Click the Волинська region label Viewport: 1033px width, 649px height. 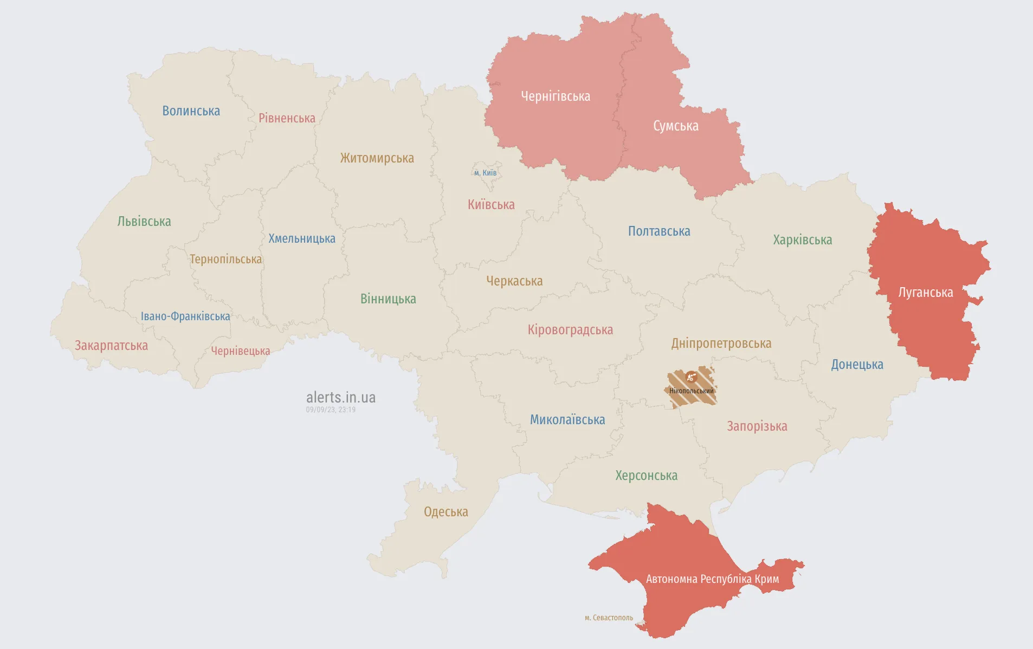[191, 111]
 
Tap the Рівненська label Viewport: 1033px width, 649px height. [287, 118]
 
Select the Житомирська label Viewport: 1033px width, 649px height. [377, 158]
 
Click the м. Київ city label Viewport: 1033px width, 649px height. [485, 173]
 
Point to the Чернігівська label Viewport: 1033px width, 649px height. [555, 96]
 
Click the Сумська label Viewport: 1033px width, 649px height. [675, 126]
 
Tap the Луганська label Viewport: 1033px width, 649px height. [925, 293]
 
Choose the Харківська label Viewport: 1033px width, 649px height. [802, 240]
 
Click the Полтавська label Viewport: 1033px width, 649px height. [658, 231]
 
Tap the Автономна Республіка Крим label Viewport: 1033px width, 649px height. [712, 579]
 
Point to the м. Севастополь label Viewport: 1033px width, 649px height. [609, 618]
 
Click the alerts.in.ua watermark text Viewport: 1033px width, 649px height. [340, 398]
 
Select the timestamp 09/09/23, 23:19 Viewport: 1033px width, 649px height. [331, 410]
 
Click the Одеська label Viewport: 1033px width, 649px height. [446, 512]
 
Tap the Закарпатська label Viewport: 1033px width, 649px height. [111, 346]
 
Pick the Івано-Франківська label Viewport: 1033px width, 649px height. [185, 316]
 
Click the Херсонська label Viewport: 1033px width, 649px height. [646, 476]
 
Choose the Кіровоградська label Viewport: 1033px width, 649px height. [570, 330]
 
